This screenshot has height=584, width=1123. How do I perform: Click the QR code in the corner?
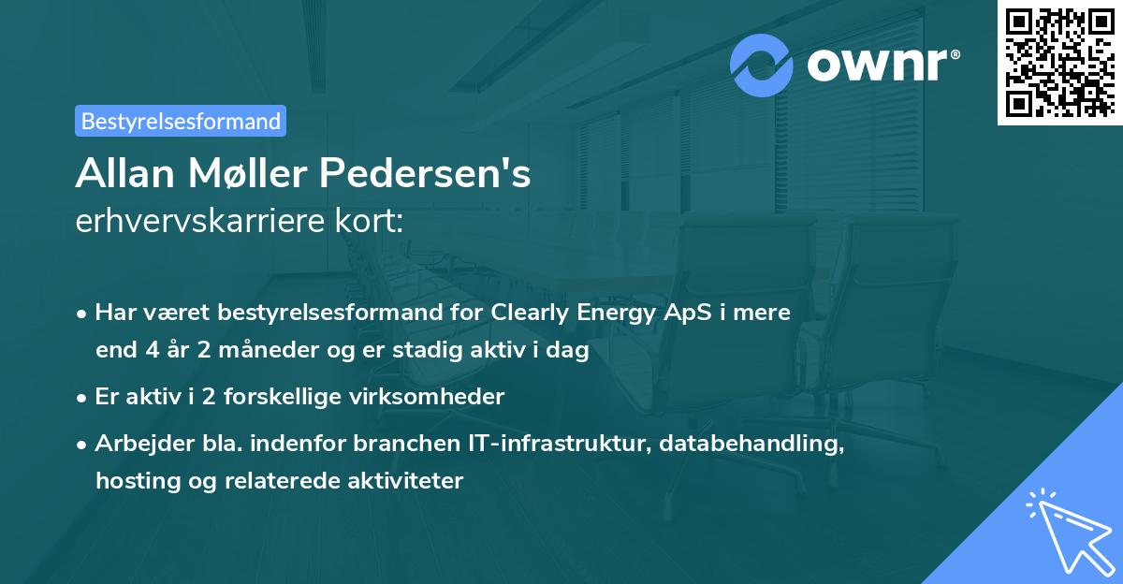1059,63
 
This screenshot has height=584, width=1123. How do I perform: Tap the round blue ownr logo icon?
762,66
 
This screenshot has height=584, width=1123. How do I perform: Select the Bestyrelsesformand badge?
181,121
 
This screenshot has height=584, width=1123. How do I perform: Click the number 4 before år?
145,351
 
